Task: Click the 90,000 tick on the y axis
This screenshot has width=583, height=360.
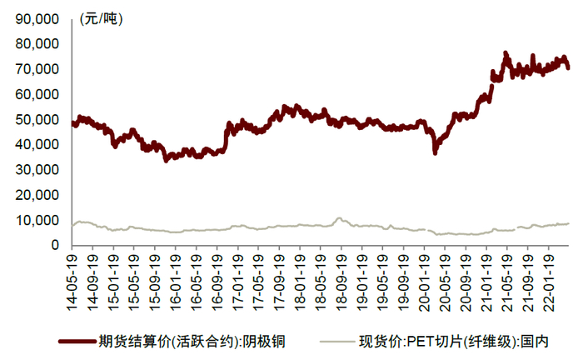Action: [x=36, y=18]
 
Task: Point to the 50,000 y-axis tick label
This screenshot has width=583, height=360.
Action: [x=36, y=119]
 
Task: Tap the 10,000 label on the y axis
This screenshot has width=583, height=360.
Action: [x=36, y=220]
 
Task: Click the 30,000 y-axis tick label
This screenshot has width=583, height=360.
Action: [x=36, y=170]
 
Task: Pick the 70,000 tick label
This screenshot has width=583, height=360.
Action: [x=36, y=69]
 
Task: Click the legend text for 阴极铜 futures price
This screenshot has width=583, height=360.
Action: [x=192, y=340]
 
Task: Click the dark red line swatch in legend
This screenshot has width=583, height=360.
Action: [x=76, y=341]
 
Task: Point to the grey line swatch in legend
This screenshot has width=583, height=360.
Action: [x=325, y=341]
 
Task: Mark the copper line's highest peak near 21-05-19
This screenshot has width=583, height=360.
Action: [x=506, y=53]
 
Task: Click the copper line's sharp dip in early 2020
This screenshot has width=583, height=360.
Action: [x=435, y=152]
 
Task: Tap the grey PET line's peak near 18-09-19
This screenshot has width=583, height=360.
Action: [x=338, y=218]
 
